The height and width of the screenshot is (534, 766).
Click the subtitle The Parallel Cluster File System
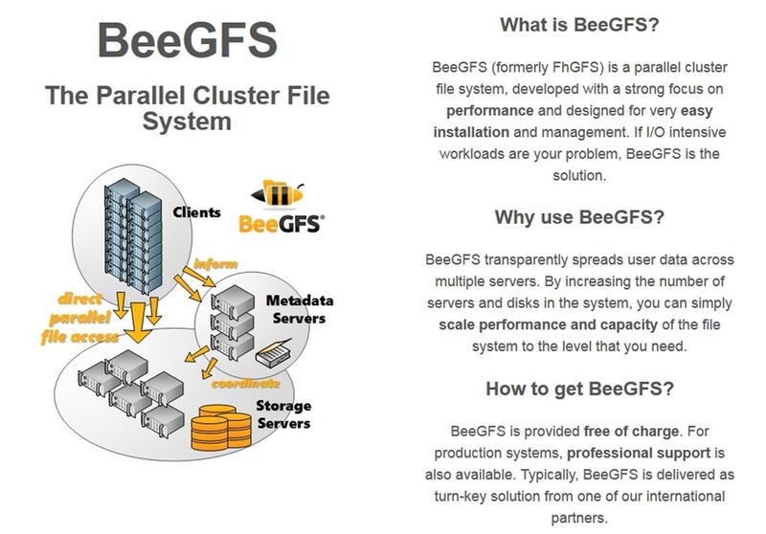click(188, 108)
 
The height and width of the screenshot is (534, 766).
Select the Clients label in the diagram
click(196, 212)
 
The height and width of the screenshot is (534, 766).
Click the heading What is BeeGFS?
click(579, 26)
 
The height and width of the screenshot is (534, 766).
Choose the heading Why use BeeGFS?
click(579, 217)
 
